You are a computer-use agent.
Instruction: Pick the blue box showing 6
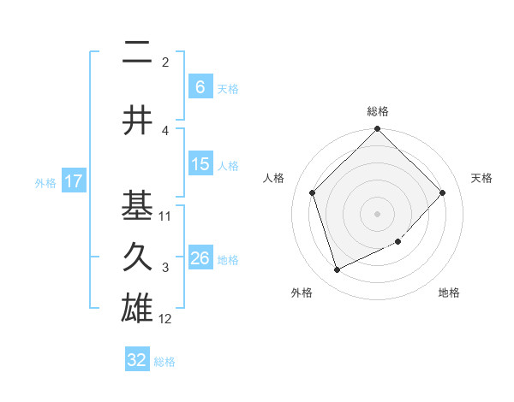point(200,86)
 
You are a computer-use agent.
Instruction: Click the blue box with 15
point(200,164)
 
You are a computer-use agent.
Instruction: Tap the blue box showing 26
point(200,258)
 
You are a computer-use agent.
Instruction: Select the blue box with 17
point(73,181)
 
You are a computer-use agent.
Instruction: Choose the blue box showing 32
point(137,360)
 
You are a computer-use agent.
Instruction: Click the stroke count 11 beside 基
point(165,216)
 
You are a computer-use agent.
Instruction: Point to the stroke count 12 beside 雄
point(165,319)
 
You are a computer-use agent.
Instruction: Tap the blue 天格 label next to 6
point(228,88)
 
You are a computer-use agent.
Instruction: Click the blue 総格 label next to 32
point(164,362)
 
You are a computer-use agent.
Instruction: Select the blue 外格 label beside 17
point(45,182)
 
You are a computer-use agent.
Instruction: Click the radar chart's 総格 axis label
point(378,111)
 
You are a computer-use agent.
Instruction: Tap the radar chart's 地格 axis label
point(449,293)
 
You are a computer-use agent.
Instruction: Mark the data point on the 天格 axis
point(443,192)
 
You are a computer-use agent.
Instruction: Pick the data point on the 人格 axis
point(313,192)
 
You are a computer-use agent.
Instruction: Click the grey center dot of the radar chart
point(378,213)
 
